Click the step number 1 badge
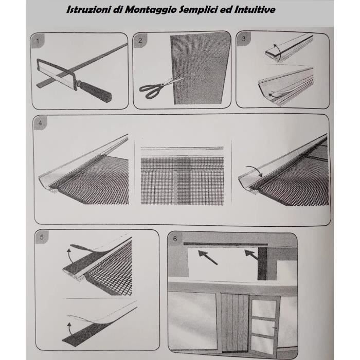point(38,41)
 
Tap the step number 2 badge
point(140,41)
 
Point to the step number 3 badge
point(244,39)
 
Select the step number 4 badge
point(41,123)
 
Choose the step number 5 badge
point(42,237)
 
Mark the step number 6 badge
point(175,239)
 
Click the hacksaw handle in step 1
point(97,91)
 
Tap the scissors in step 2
point(158,87)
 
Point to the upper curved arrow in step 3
point(278,53)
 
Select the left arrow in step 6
point(208,257)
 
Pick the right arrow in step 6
point(251,255)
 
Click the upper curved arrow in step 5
point(69,256)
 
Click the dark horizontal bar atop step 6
point(225,244)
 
